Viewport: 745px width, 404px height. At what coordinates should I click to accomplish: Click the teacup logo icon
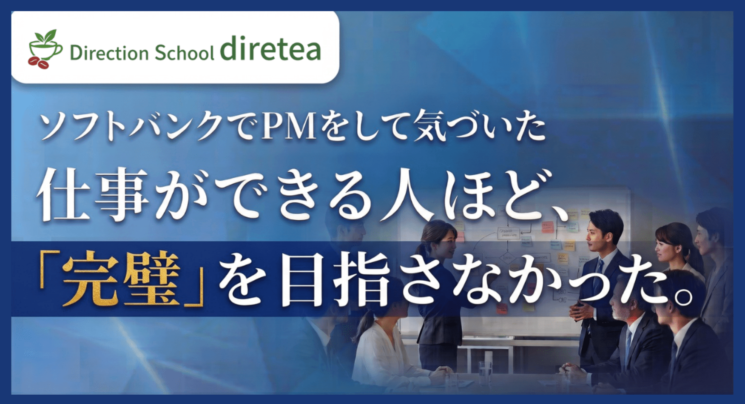tap(45, 49)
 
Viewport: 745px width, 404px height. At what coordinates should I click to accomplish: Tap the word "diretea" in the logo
tap(270, 48)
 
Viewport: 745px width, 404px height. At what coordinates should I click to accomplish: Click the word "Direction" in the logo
tap(109, 53)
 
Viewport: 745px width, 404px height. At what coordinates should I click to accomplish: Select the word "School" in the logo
tap(184, 53)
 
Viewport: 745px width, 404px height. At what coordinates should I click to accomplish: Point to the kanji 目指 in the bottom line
tap(336, 279)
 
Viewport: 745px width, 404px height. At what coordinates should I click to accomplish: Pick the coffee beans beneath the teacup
tap(38, 63)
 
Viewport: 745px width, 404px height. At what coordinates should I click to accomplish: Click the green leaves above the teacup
tap(45, 36)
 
